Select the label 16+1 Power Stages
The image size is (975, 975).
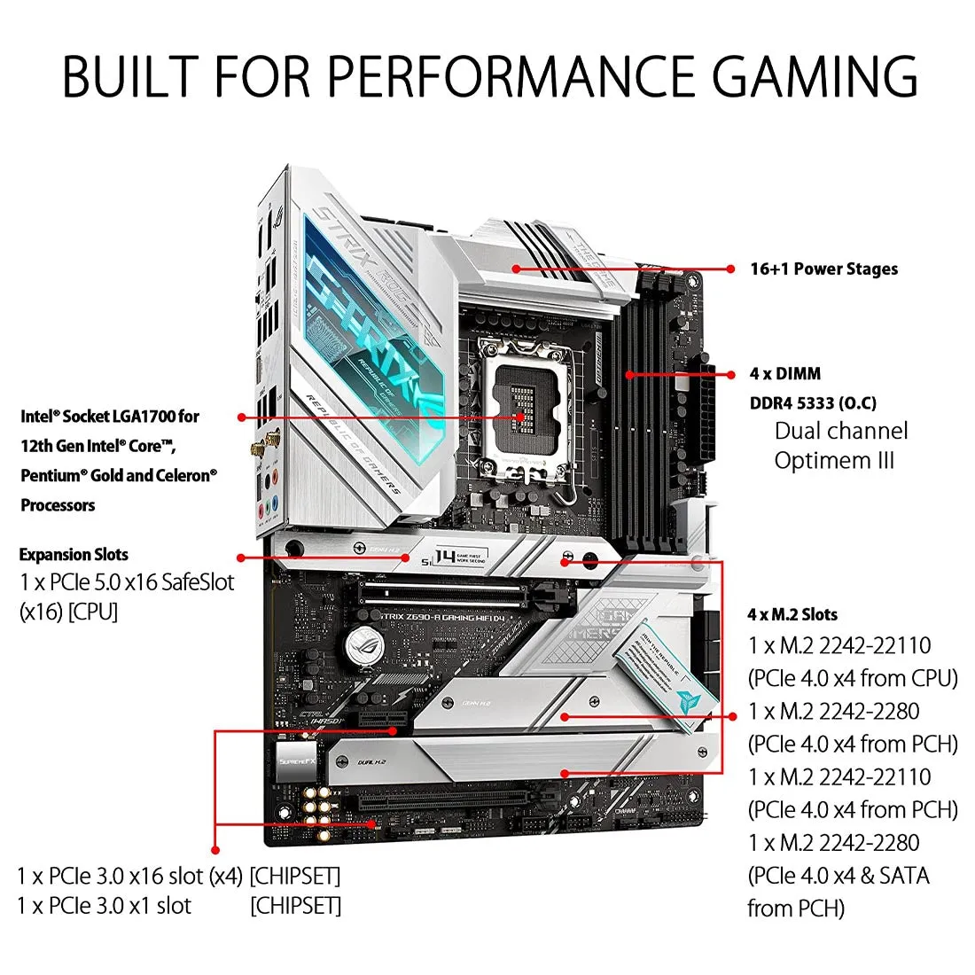pyautogui.click(x=823, y=269)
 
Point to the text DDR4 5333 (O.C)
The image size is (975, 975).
pyautogui.click(x=813, y=403)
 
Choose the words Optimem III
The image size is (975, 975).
pyautogui.click(x=834, y=461)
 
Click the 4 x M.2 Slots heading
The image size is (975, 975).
pyautogui.click(x=792, y=614)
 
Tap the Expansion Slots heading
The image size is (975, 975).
pyautogui.click(x=74, y=555)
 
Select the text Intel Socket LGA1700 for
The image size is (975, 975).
pyautogui.click(x=110, y=417)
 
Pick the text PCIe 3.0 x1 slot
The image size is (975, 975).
pyautogui.click(x=104, y=906)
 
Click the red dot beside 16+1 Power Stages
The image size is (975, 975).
pyautogui.click(x=730, y=269)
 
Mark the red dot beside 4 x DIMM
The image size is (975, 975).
pyautogui.click(x=730, y=374)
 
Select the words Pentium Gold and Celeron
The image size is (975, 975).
pyautogui.click(x=119, y=475)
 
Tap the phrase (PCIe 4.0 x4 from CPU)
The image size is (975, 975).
pyautogui.click(x=853, y=679)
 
